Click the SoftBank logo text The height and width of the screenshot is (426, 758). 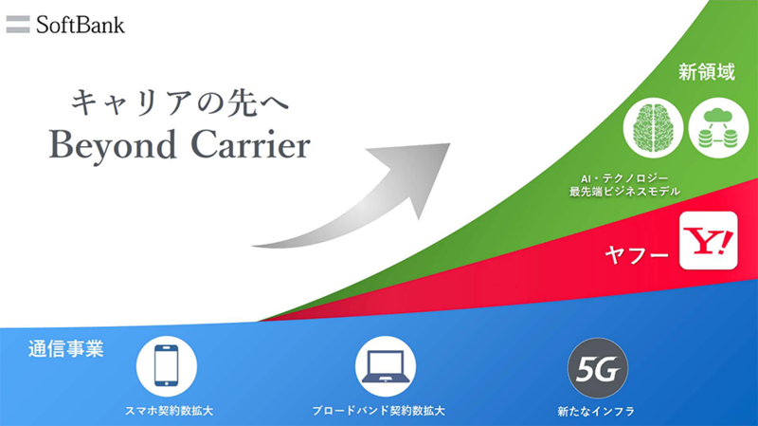coord(81,26)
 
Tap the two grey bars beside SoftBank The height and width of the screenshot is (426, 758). coord(18,25)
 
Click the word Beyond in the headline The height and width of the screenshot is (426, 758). coord(112,146)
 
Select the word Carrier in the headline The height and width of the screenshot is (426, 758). coord(251,145)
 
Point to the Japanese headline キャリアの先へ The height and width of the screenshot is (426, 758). coord(180,102)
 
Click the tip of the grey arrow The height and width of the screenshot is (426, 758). coord(449,143)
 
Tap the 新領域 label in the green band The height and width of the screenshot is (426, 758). coord(706,72)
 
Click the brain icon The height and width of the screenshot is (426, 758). coord(653,128)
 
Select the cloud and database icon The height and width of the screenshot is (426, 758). coord(718,128)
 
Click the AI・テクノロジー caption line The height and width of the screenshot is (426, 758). coord(624,178)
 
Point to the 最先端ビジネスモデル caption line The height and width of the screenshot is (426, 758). coord(624,192)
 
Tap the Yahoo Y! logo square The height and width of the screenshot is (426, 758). coord(708,241)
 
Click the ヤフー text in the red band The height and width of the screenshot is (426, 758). coord(637,254)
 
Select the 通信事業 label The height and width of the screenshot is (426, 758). coord(65,348)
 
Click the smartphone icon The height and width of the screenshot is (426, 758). coord(167,366)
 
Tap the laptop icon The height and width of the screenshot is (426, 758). coord(386,366)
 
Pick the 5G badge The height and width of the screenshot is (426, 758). coord(598,368)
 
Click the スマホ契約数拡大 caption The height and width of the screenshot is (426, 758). coord(169,411)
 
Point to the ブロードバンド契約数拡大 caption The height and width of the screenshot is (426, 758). coord(378,411)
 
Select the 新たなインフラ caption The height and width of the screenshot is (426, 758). coord(596,412)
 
